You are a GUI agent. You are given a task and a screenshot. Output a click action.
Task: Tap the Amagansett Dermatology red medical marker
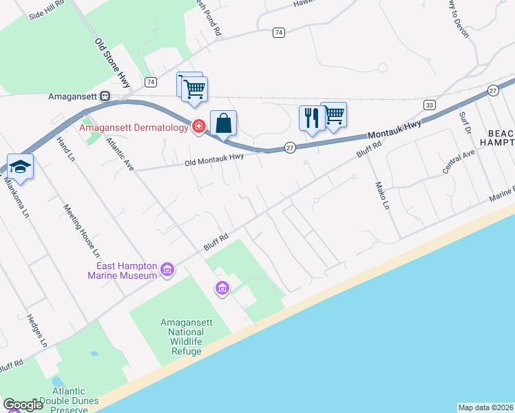coord(198,127)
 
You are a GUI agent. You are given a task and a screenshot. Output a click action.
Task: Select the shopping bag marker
coord(223,125)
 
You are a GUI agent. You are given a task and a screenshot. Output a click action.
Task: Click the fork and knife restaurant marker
coord(311,118)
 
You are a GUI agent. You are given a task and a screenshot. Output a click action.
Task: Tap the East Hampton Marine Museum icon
coord(167,271)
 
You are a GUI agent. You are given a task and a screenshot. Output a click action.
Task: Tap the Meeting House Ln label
coord(82,229)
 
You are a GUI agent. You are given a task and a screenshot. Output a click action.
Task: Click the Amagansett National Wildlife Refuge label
coord(182,337)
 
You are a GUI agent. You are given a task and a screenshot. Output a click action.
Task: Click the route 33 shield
coord(430,105)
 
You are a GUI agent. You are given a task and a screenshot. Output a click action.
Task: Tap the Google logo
coord(23,405)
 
